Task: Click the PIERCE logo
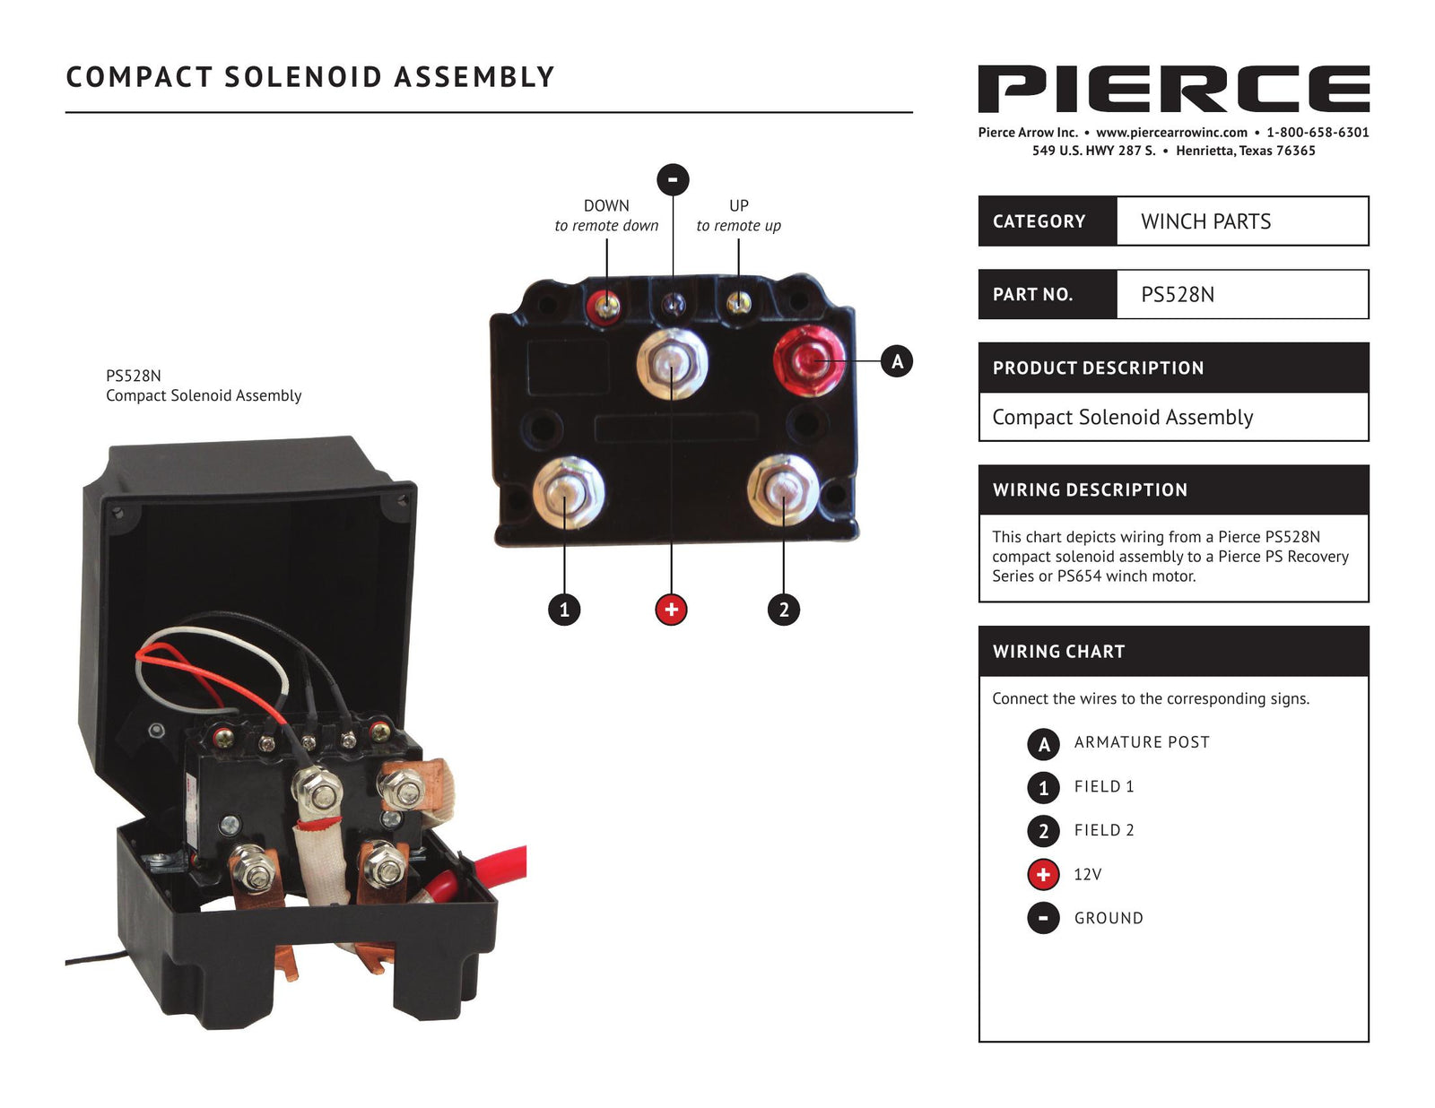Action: [1173, 89]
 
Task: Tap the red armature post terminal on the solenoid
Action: [808, 361]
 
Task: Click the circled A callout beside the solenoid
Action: [897, 361]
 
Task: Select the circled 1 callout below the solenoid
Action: [564, 610]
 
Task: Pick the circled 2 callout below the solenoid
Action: [784, 610]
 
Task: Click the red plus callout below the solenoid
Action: [671, 610]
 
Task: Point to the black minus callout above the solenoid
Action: [673, 179]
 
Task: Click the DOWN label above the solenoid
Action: [606, 205]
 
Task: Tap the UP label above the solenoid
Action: [738, 205]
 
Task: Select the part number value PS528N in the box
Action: [1178, 294]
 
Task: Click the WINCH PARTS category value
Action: [1205, 221]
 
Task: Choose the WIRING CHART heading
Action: [1058, 652]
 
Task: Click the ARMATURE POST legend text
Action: [1142, 742]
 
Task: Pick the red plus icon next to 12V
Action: [1043, 874]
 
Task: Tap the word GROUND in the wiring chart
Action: [1109, 918]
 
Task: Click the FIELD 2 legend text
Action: [1104, 830]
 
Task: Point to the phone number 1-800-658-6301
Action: [1318, 133]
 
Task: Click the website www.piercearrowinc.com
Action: [1171, 133]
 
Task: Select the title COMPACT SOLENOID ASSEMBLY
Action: [310, 77]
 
